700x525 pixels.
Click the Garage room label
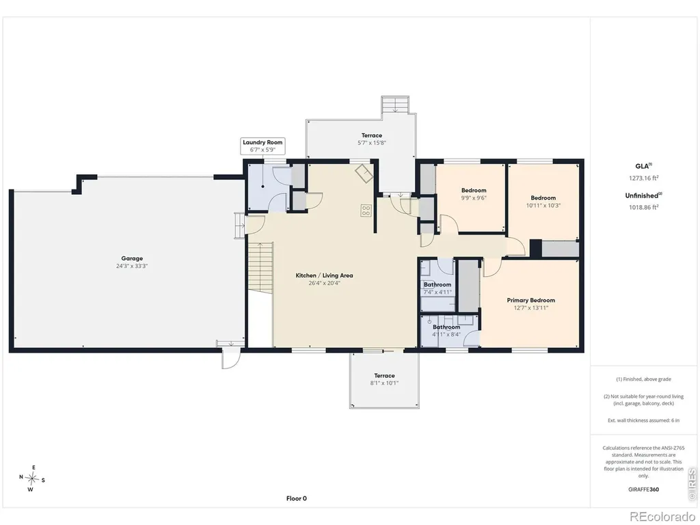pos(132,258)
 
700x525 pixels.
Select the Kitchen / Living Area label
pos(324,275)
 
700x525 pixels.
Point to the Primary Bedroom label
pos(530,301)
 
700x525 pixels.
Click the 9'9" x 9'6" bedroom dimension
pos(474,198)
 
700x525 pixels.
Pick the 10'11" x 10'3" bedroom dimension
pos(543,205)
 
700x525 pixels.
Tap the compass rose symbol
pos(32,479)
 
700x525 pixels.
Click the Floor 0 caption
pos(297,498)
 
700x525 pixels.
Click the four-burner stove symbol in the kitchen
pos(366,211)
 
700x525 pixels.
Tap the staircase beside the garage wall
pos(259,268)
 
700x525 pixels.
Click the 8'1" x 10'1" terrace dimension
pos(384,383)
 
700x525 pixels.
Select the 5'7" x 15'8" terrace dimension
pos(372,143)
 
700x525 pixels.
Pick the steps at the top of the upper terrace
pos(395,105)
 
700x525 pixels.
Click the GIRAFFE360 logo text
pos(643,489)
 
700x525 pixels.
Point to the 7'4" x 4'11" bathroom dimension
pos(437,292)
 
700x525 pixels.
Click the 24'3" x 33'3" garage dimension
pos(132,266)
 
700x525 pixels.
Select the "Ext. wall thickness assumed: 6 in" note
pos(643,420)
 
